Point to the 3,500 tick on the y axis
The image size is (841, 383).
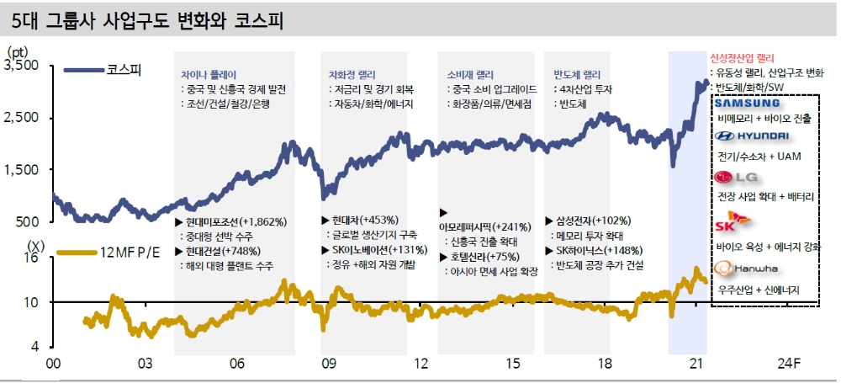pos(25,66)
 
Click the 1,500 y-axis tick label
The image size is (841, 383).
pos(25,170)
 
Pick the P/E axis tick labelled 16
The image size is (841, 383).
pos(33,258)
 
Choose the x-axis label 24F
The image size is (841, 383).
pos(788,364)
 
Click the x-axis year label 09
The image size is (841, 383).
pos(328,364)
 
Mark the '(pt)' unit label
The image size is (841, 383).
pos(18,51)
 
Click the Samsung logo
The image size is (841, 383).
pos(748,104)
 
